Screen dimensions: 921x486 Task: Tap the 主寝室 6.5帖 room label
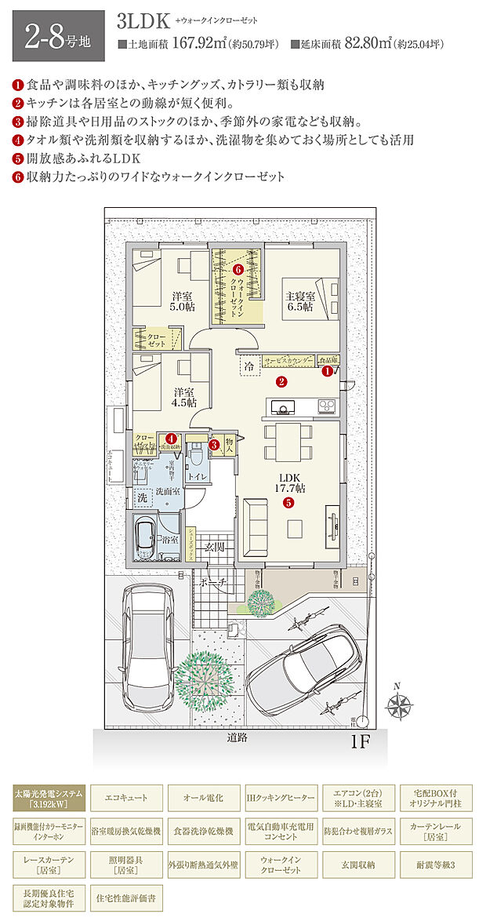[299, 302]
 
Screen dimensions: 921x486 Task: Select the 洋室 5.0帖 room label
[183, 301]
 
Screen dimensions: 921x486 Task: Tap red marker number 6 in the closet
[239, 270]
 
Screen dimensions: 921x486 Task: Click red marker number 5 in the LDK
[288, 503]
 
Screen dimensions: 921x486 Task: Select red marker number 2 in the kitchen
[281, 382]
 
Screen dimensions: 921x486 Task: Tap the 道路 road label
[238, 737]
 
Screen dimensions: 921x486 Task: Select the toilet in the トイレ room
[195, 455]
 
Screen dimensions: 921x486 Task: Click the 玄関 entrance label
[216, 547]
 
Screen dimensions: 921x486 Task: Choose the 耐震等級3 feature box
[436, 864]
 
